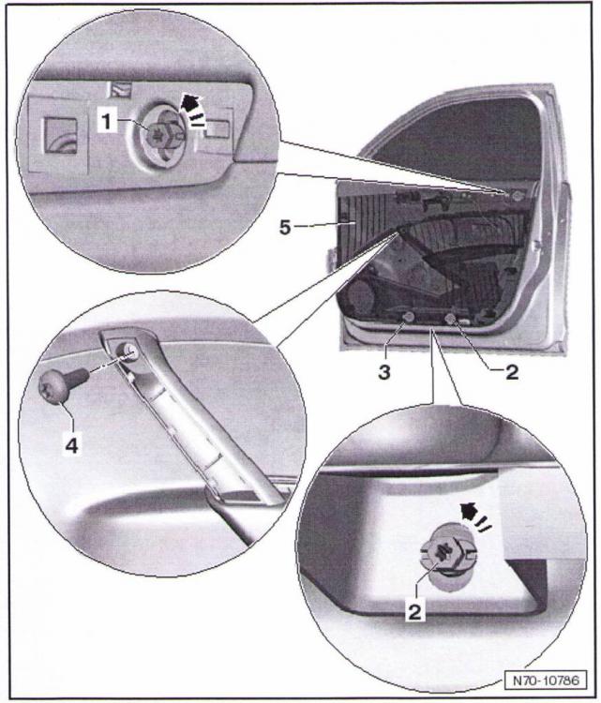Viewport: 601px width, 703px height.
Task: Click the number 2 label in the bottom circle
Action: tap(414, 612)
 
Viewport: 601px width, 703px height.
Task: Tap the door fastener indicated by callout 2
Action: tap(451, 321)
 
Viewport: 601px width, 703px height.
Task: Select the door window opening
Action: tap(450, 141)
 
